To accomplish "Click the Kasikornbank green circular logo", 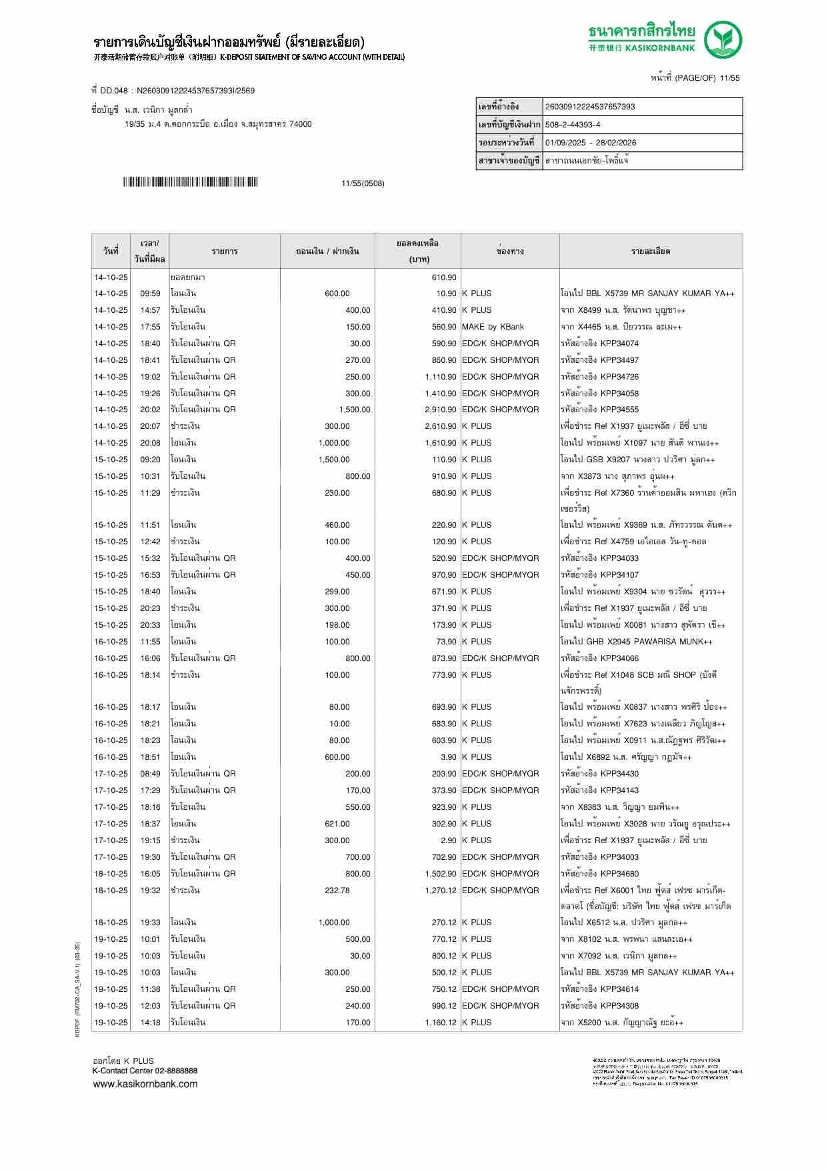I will coord(724,40).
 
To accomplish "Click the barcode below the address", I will coord(190,182).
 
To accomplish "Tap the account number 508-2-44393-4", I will coord(573,125).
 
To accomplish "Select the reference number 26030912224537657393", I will coord(590,107).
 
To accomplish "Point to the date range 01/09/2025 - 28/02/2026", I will coord(591,143).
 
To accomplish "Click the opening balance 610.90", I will coord(444,277).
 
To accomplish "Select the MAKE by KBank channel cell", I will coord(493,327).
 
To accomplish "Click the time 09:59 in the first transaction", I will coord(150,294).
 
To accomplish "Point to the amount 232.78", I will coord(337,891).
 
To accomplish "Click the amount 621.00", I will coord(337,824).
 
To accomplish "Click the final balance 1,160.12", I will coord(441,1023).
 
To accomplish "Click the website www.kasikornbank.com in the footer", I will coord(145,1083).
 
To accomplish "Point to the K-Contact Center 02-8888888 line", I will coord(145,1071).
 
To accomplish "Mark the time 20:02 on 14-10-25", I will coord(150,410).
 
